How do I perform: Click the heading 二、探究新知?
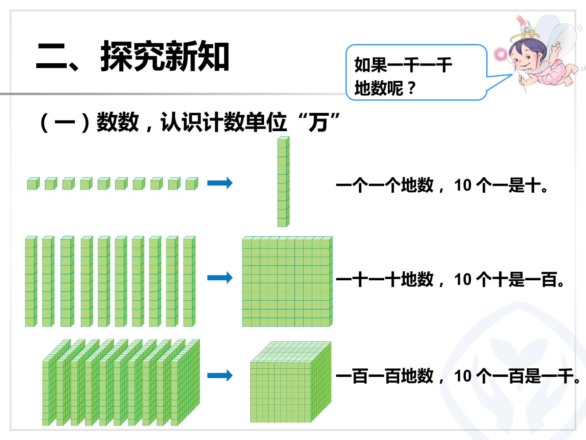tap(132, 56)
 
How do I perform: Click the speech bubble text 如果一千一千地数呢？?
tap(403, 77)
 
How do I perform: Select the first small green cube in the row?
tap(33, 183)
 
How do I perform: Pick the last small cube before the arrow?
tap(192, 183)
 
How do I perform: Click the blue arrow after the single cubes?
tap(220, 183)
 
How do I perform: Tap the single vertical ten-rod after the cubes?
tap(283, 182)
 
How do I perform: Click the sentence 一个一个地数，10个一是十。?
tap(442, 185)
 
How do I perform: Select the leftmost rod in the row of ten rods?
tap(31, 281)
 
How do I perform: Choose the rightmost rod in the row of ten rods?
tap(189, 281)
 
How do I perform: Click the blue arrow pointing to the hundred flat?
tap(220, 277)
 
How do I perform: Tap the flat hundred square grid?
tap(287, 282)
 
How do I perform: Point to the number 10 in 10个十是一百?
tap(463, 279)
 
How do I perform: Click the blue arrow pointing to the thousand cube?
tap(220, 375)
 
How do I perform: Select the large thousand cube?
tap(291, 382)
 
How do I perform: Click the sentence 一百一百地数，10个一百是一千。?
tap(458, 376)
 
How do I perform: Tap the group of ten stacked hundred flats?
tap(121, 382)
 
